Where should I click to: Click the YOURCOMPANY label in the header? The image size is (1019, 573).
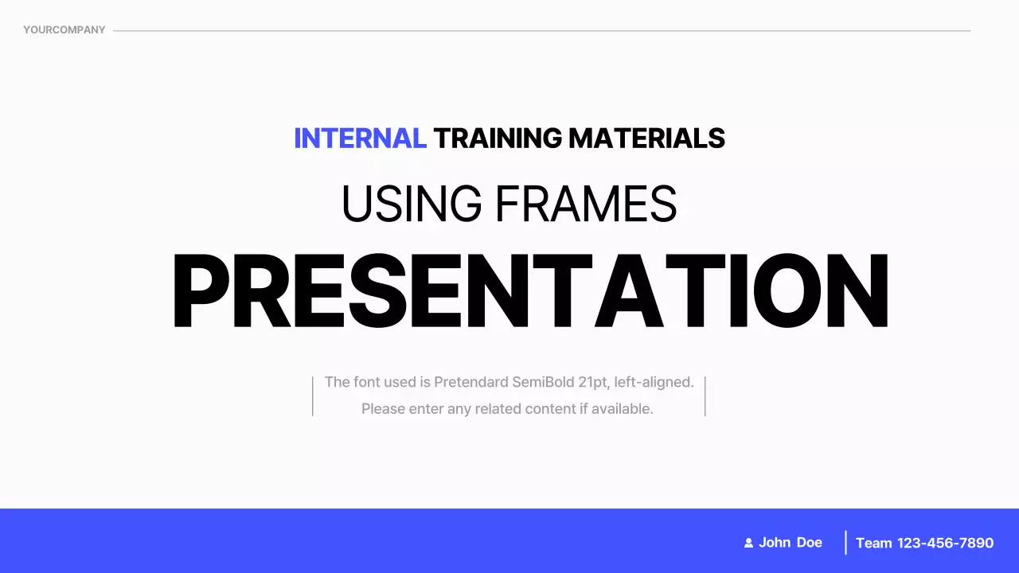(64, 30)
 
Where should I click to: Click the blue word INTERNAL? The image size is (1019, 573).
(361, 138)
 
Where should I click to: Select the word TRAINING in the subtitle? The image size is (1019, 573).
(498, 138)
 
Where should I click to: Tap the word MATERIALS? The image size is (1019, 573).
(647, 138)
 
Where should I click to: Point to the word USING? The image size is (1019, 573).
(412, 204)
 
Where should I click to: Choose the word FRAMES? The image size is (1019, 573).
(586, 204)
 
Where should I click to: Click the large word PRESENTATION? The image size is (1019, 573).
(530, 290)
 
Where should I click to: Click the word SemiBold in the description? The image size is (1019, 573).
(543, 382)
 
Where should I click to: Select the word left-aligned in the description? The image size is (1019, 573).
(654, 383)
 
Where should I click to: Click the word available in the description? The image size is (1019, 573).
(622, 409)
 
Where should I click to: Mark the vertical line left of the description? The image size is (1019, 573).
(313, 396)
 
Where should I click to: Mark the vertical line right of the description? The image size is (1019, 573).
(705, 396)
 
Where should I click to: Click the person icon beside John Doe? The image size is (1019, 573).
(748, 543)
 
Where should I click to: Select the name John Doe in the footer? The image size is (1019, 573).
(791, 543)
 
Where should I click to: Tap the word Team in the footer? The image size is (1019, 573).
(873, 543)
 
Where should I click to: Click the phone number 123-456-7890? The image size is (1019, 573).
(945, 543)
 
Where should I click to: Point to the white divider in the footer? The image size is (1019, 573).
(845, 543)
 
